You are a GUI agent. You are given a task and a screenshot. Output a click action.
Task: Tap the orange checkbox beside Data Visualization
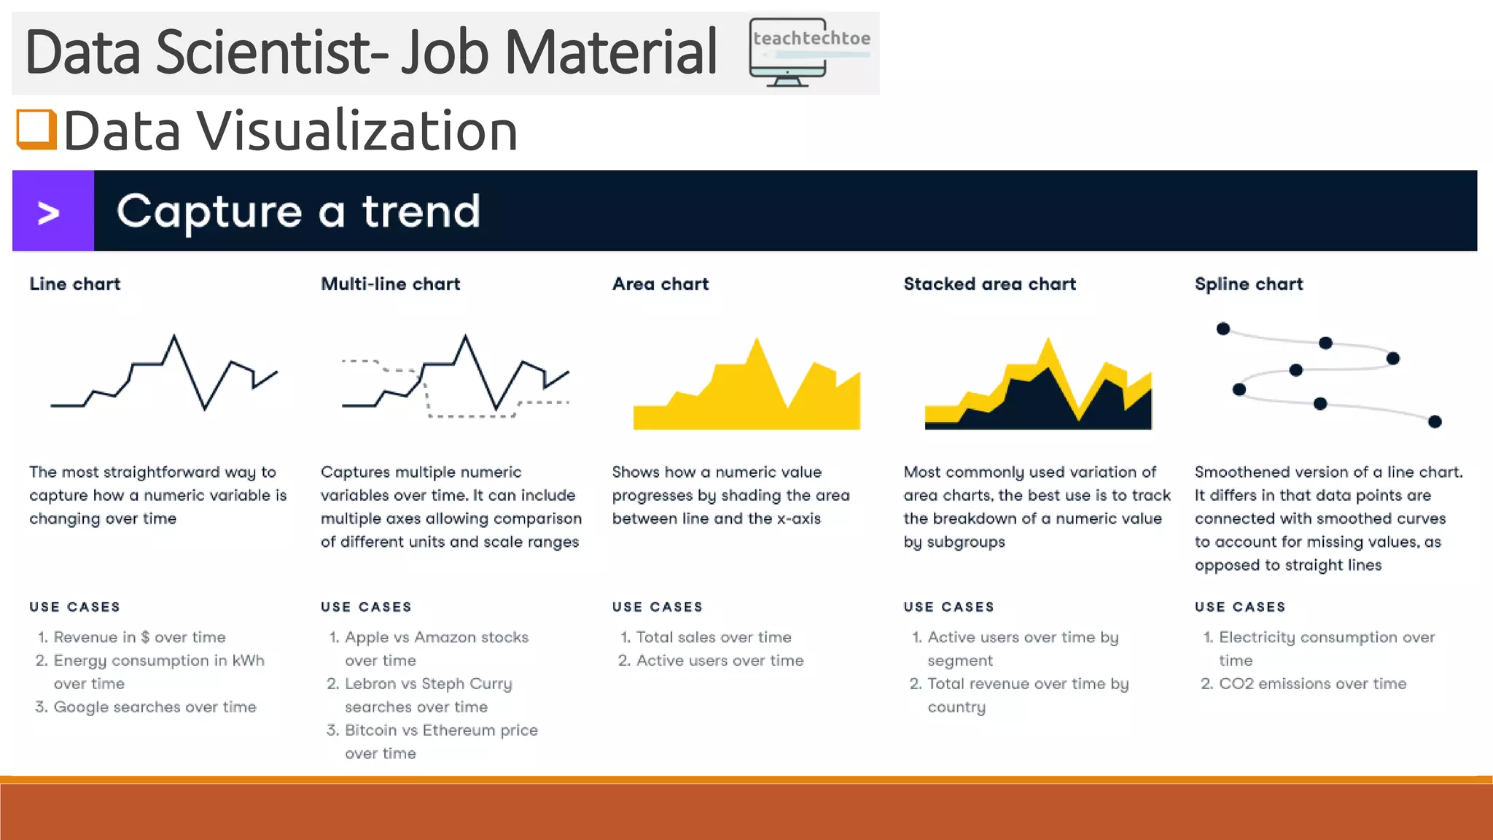click(x=36, y=129)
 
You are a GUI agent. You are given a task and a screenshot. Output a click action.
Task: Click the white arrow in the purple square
click(x=49, y=213)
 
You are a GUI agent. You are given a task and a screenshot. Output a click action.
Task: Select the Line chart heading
click(x=75, y=284)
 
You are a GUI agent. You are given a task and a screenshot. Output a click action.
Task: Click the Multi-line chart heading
click(x=391, y=284)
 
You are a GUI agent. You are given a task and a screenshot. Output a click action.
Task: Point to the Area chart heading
click(x=660, y=284)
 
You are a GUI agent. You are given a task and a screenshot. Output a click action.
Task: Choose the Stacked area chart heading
click(x=989, y=284)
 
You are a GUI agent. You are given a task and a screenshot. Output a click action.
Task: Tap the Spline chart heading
click(x=1249, y=284)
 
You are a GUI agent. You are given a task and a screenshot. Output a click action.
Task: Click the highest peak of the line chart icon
click(x=174, y=337)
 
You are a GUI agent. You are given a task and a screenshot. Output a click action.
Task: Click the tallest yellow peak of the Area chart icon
click(x=757, y=340)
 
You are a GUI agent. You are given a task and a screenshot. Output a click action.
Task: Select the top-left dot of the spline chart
click(x=1223, y=329)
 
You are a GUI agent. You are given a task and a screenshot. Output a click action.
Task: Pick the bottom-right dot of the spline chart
click(x=1435, y=421)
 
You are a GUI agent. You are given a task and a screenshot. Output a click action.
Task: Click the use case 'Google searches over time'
click(x=155, y=707)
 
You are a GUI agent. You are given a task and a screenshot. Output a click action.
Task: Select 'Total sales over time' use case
click(x=714, y=637)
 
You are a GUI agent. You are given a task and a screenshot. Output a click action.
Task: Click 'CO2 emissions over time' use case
click(x=1312, y=684)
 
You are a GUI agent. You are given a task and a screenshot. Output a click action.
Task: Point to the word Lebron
click(x=370, y=684)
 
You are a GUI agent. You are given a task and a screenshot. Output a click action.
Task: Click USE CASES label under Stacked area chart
click(x=948, y=607)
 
